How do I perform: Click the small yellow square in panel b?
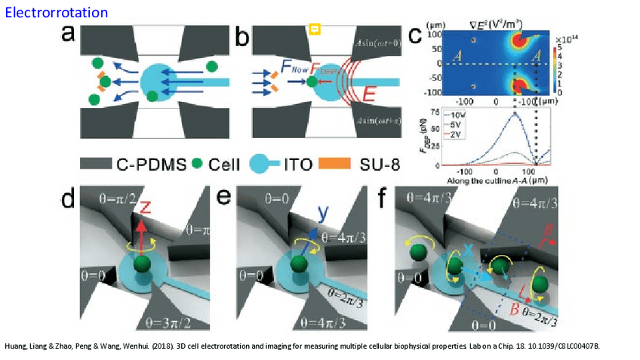[315, 29]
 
